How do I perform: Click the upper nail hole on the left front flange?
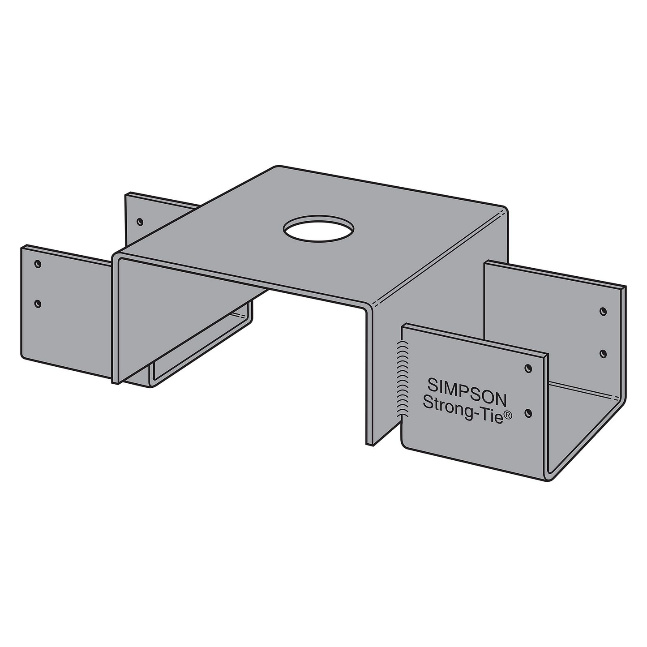tap(38, 264)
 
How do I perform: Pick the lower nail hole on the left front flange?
tap(38, 304)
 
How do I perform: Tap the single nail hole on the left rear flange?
tap(140, 221)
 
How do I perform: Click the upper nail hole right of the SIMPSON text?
tap(529, 368)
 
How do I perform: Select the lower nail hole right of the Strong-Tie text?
tap(529, 411)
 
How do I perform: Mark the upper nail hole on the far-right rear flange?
tap(603, 310)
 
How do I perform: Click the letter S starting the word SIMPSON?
tap(432, 384)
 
